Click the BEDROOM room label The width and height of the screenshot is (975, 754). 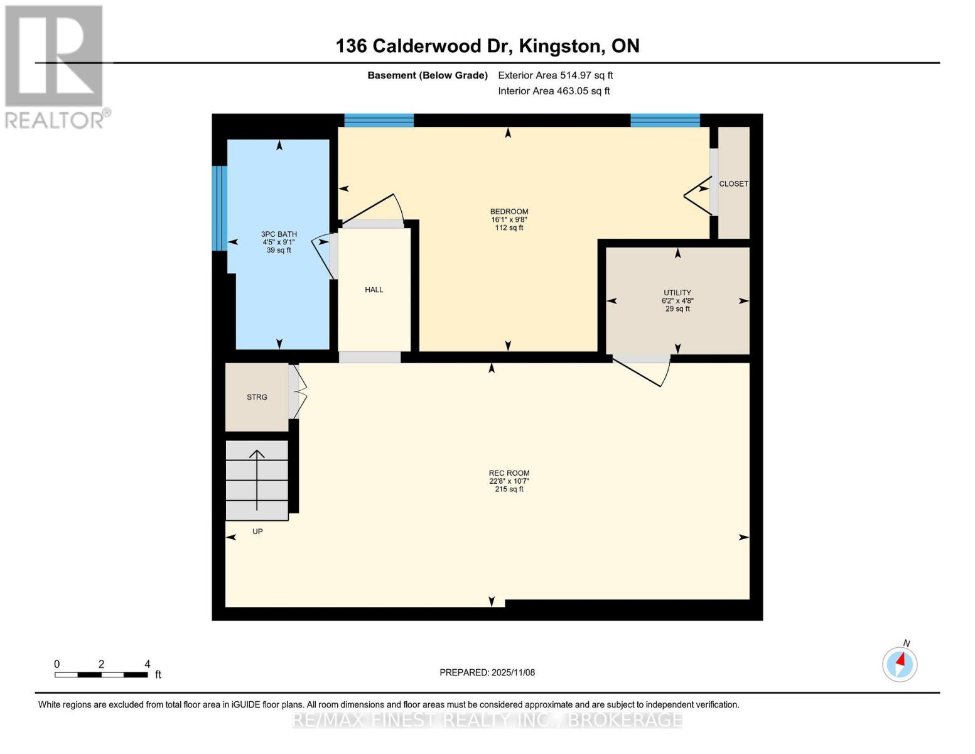coord(509,212)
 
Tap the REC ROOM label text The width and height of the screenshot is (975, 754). coord(509,473)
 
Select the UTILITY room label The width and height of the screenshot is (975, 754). coord(677,293)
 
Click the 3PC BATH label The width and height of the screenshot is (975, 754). coord(279,234)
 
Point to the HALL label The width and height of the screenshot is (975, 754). coord(374,290)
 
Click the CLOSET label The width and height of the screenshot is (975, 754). coord(733,184)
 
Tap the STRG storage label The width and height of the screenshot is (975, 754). coord(257,397)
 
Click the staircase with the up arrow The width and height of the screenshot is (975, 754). coord(257,481)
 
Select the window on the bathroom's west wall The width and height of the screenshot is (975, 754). coord(219,208)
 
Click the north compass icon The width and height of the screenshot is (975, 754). coord(900,664)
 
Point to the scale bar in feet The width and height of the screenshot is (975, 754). coord(101,674)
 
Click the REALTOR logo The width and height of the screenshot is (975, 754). coord(55,66)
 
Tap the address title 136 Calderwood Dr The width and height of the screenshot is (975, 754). coord(487,46)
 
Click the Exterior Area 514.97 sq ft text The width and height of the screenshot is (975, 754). coord(555,75)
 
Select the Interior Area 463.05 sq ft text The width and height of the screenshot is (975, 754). coord(554,91)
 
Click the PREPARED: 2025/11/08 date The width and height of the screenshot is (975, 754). coord(487,672)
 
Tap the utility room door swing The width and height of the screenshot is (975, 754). coord(644,371)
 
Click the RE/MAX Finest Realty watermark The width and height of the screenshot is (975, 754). coord(487,719)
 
